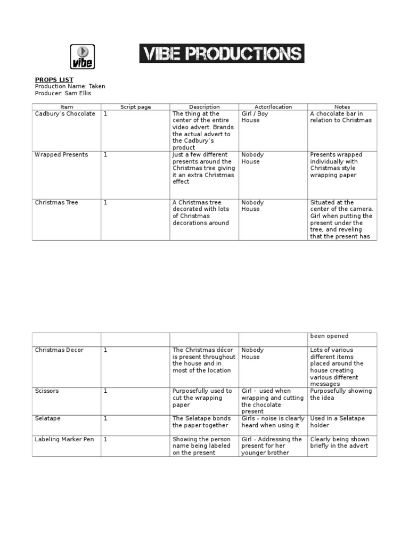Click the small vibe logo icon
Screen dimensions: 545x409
pos(82,56)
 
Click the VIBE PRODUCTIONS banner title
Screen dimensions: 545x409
pos(222,54)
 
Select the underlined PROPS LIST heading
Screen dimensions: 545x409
pos(54,80)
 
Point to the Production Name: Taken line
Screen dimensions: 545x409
pos(70,86)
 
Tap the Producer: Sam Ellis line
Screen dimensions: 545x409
pos(63,93)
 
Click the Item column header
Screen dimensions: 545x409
pos(67,107)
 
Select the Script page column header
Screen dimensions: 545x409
pos(135,107)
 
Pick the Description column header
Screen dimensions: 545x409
pos(204,107)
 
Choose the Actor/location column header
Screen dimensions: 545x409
pos(273,107)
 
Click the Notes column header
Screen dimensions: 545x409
pos(342,107)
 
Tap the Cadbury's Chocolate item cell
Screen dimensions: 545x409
pos(65,114)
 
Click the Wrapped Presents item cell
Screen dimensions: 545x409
pos(61,155)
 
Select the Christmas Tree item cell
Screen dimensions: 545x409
pos(56,203)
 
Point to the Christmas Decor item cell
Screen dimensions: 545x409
pos(59,350)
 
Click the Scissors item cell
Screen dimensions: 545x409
pos(47,391)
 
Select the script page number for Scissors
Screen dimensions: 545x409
pos(105,391)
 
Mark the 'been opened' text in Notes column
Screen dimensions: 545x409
pos(329,336)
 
